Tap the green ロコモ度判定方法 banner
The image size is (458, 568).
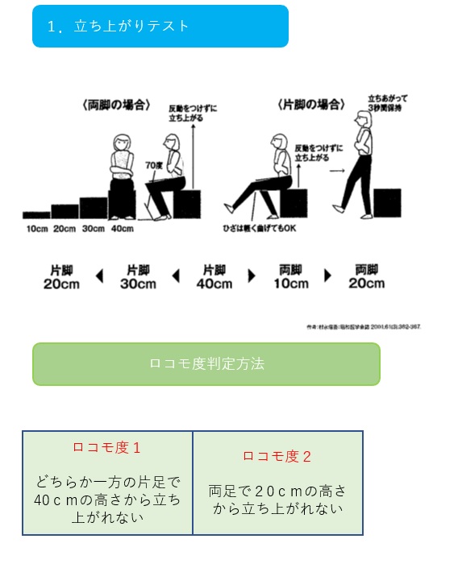206,363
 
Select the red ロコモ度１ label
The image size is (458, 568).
106,447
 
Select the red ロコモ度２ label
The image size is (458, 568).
277,456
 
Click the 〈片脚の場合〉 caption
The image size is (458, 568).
311,105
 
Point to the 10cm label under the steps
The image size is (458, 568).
36,228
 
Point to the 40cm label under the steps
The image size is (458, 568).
122,228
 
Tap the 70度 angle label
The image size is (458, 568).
153,165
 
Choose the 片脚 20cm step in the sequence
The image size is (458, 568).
61,276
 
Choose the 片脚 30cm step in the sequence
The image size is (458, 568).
138,276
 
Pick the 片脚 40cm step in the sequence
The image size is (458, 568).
214,276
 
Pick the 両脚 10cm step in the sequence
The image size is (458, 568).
290,276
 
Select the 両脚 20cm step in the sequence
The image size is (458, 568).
366,276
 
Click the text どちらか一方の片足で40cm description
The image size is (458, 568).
107,500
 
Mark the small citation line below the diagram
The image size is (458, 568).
364,327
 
